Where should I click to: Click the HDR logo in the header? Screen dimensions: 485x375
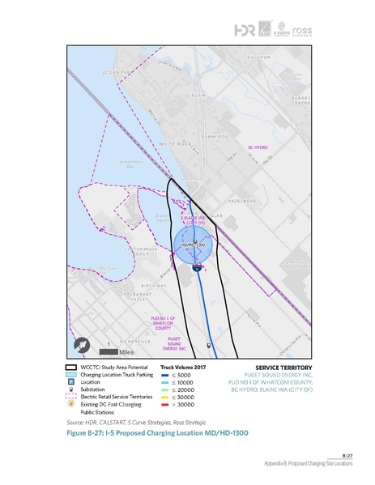coord(243,29)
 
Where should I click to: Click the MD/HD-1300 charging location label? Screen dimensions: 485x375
coord(191,244)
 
